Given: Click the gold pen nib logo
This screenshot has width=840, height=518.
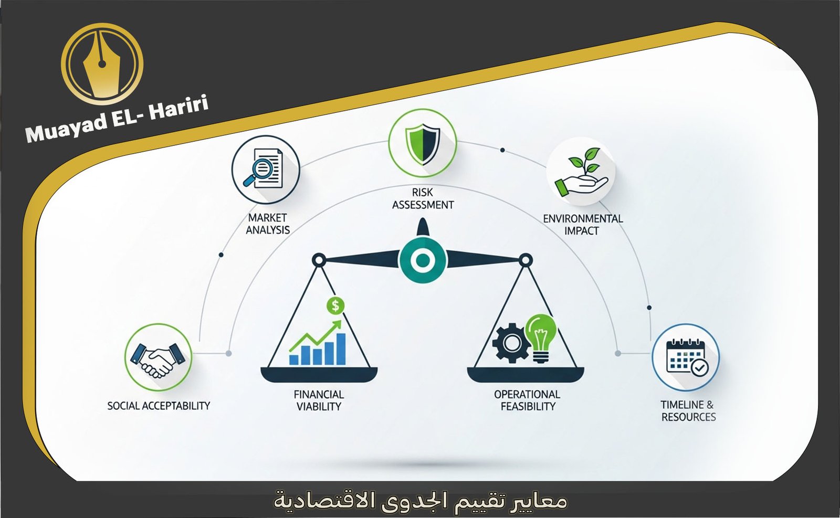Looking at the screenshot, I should tap(102, 64).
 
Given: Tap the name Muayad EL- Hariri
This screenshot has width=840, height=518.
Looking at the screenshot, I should tap(117, 119).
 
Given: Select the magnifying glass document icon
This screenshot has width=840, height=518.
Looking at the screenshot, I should tap(265, 169).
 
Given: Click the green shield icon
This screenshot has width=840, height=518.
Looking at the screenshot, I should tap(423, 142).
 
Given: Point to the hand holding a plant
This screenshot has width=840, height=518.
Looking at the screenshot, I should tap(581, 172).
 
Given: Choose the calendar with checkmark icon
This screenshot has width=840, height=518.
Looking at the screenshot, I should tap(686, 357).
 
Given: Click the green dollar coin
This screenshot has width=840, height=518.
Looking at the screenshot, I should tap(335, 305).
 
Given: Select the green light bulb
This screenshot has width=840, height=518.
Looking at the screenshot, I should tap(541, 336).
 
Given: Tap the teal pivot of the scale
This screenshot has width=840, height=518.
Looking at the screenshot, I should tap(423, 260).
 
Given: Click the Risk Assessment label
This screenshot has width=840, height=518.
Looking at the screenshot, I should tap(423, 198).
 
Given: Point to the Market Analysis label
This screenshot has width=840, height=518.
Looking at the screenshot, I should tap(268, 224).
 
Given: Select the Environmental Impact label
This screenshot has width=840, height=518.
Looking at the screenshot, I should tap(582, 225).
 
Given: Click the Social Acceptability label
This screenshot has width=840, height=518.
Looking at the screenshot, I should tap(159, 406).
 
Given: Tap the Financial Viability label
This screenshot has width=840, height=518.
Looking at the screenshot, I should tap(319, 400).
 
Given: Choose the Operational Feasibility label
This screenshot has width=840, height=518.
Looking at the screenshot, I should tap(527, 400).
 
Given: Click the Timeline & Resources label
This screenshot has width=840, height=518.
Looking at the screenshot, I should tap(688, 410).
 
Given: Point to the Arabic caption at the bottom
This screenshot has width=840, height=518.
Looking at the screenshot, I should tap(420, 500).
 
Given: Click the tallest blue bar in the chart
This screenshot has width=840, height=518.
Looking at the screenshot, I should tap(340, 348).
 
